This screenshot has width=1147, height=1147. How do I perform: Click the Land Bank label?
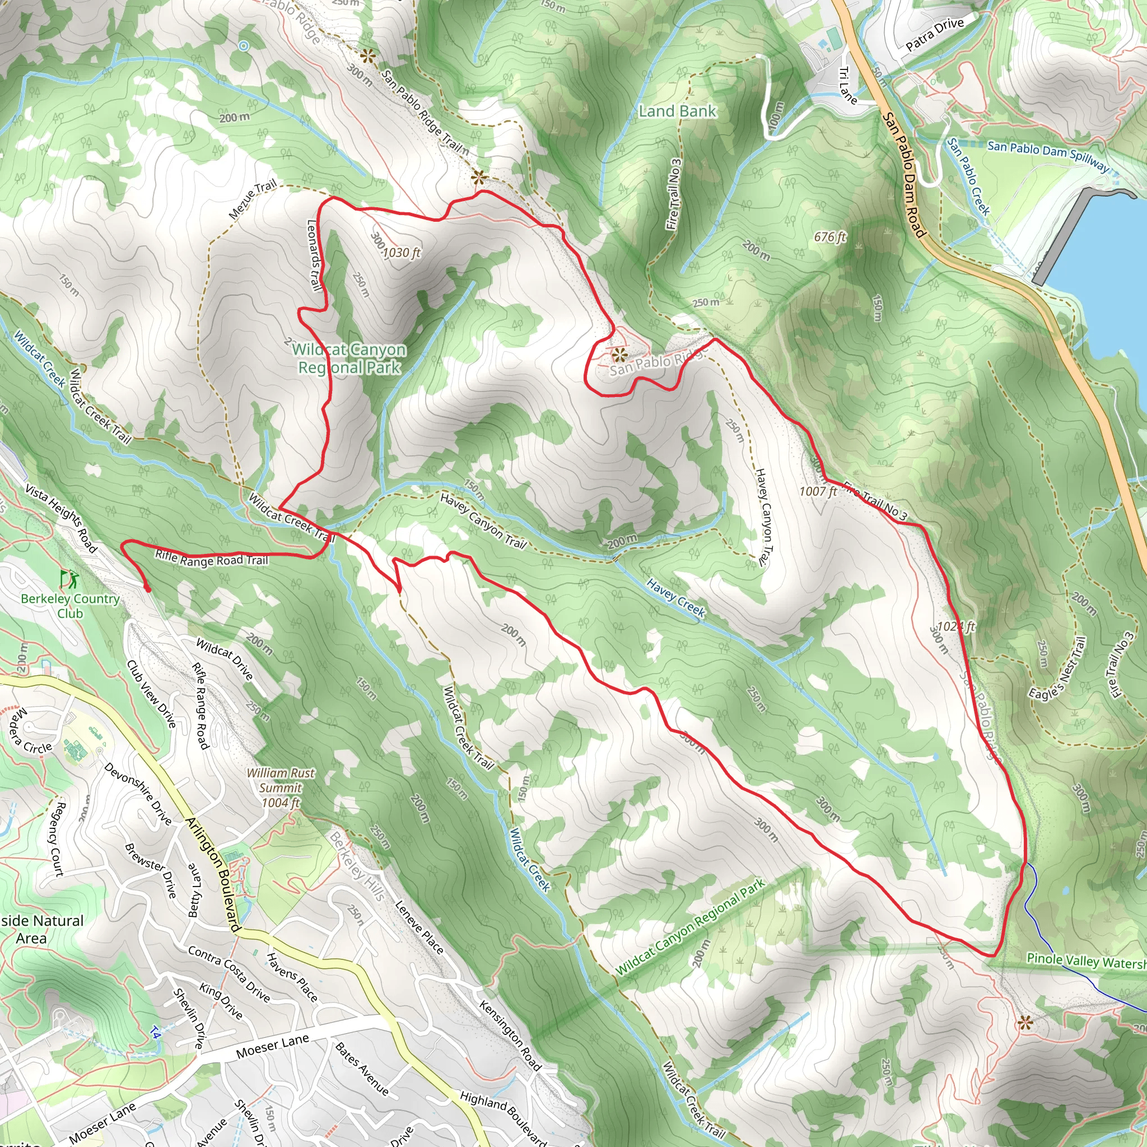678,111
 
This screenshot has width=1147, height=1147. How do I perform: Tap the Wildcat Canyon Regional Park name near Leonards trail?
349,358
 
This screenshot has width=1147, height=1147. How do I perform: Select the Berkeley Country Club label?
70,605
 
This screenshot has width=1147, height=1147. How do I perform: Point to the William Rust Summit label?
281,788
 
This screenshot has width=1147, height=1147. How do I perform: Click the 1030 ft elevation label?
402,253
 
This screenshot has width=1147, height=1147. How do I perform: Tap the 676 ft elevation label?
830,237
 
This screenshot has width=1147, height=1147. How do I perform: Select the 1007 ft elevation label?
818,491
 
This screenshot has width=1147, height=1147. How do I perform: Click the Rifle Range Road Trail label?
211,558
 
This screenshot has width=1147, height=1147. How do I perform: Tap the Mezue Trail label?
253,200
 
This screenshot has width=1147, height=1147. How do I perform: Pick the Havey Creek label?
675,598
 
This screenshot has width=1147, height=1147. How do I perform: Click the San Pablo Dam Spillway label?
1047,155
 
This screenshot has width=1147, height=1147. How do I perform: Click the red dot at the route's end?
147,589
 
